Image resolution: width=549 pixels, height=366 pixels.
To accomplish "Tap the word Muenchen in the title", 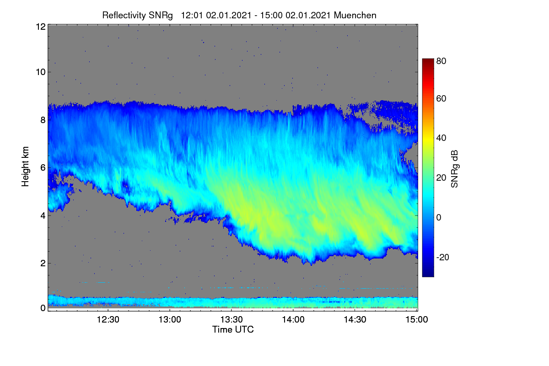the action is pyautogui.click(x=355, y=16).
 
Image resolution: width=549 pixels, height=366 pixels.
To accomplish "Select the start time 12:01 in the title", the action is pyautogui.click(x=192, y=16).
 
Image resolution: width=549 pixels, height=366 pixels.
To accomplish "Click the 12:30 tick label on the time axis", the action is pyautogui.click(x=108, y=319).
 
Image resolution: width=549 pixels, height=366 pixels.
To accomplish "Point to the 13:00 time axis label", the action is pyautogui.click(x=170, y=319).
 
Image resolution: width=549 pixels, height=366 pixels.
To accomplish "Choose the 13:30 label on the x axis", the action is pyautogui.click(x=231, y=319).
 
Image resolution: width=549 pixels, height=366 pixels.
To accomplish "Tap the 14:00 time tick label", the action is pyautogui.click(x=293, y=319).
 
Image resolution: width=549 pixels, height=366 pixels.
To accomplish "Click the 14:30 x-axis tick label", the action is pyautogui.click(x=355, y=319).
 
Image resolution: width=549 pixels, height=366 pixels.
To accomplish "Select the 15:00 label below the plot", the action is pyautogui.click(x=417, y=319).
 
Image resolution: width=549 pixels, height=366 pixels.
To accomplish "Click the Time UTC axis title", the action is pyautogui.click(x=233, y=329).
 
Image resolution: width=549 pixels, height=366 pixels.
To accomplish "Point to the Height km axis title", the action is pyautogui.click(x=25, y=167).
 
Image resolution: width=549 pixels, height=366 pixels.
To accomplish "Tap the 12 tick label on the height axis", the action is pyautogui.click(x=41, y=27).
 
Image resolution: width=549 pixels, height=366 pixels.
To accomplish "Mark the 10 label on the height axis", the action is pyautogui.click(x=41, y=72).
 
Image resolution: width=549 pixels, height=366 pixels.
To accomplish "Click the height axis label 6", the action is pyautogui.click(x=43, y=168).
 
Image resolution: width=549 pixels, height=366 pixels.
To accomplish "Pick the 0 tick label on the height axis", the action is pyautogui.click(x=43, y=308).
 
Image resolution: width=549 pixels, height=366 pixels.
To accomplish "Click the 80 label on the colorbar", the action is pyautogui.click(x=441, y=61).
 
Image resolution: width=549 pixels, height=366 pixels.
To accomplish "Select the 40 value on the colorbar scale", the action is pyautogui.click(x=441, y=138).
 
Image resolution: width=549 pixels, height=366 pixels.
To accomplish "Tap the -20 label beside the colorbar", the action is pyautogui.click(x=443, y=257).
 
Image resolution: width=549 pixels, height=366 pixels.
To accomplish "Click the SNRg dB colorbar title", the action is pyautogui.click(x=454, y=169).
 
